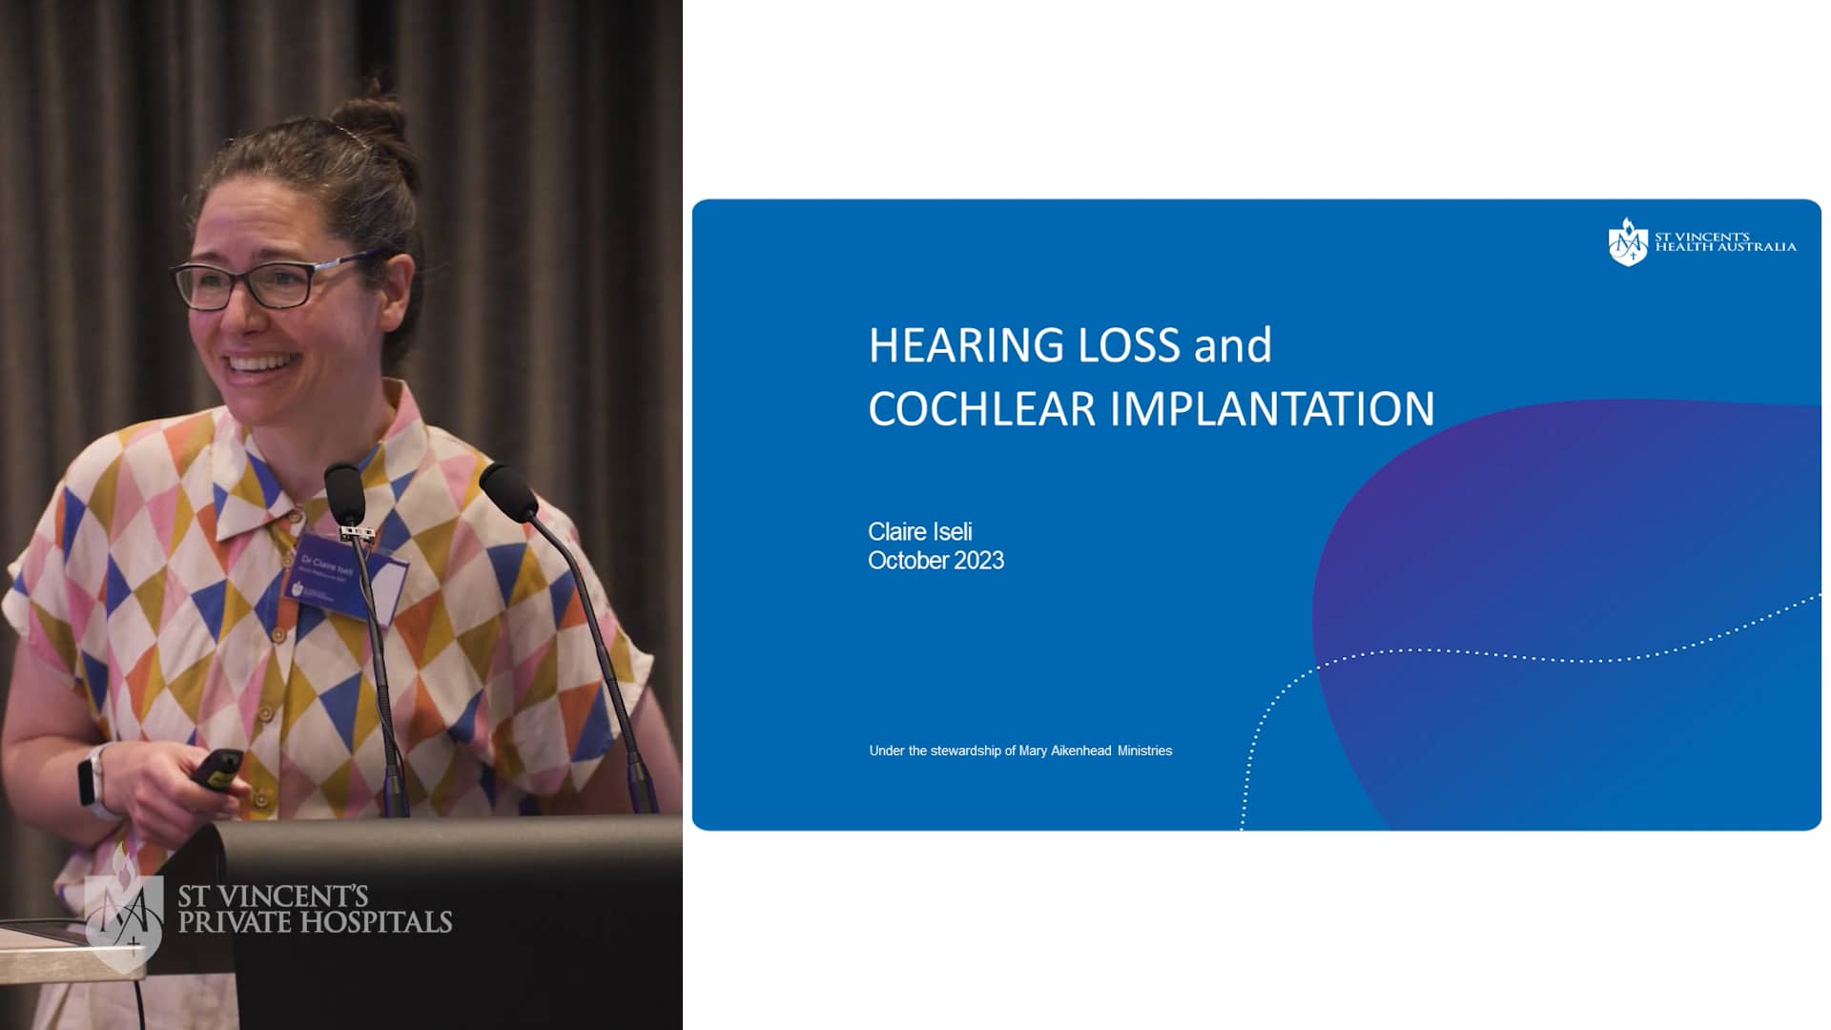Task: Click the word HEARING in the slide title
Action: (965, 345)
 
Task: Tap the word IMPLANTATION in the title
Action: (1272, 409)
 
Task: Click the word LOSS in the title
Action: (1127, 345)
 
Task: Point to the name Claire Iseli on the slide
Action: (919, 531)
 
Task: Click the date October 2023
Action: (936, 561)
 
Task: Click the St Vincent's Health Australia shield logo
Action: (1627, 242)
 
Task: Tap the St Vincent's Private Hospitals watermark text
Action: (315, 909)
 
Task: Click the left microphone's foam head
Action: (344, 493)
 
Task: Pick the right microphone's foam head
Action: (508, 490)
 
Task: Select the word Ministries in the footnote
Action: (1144, 751)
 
